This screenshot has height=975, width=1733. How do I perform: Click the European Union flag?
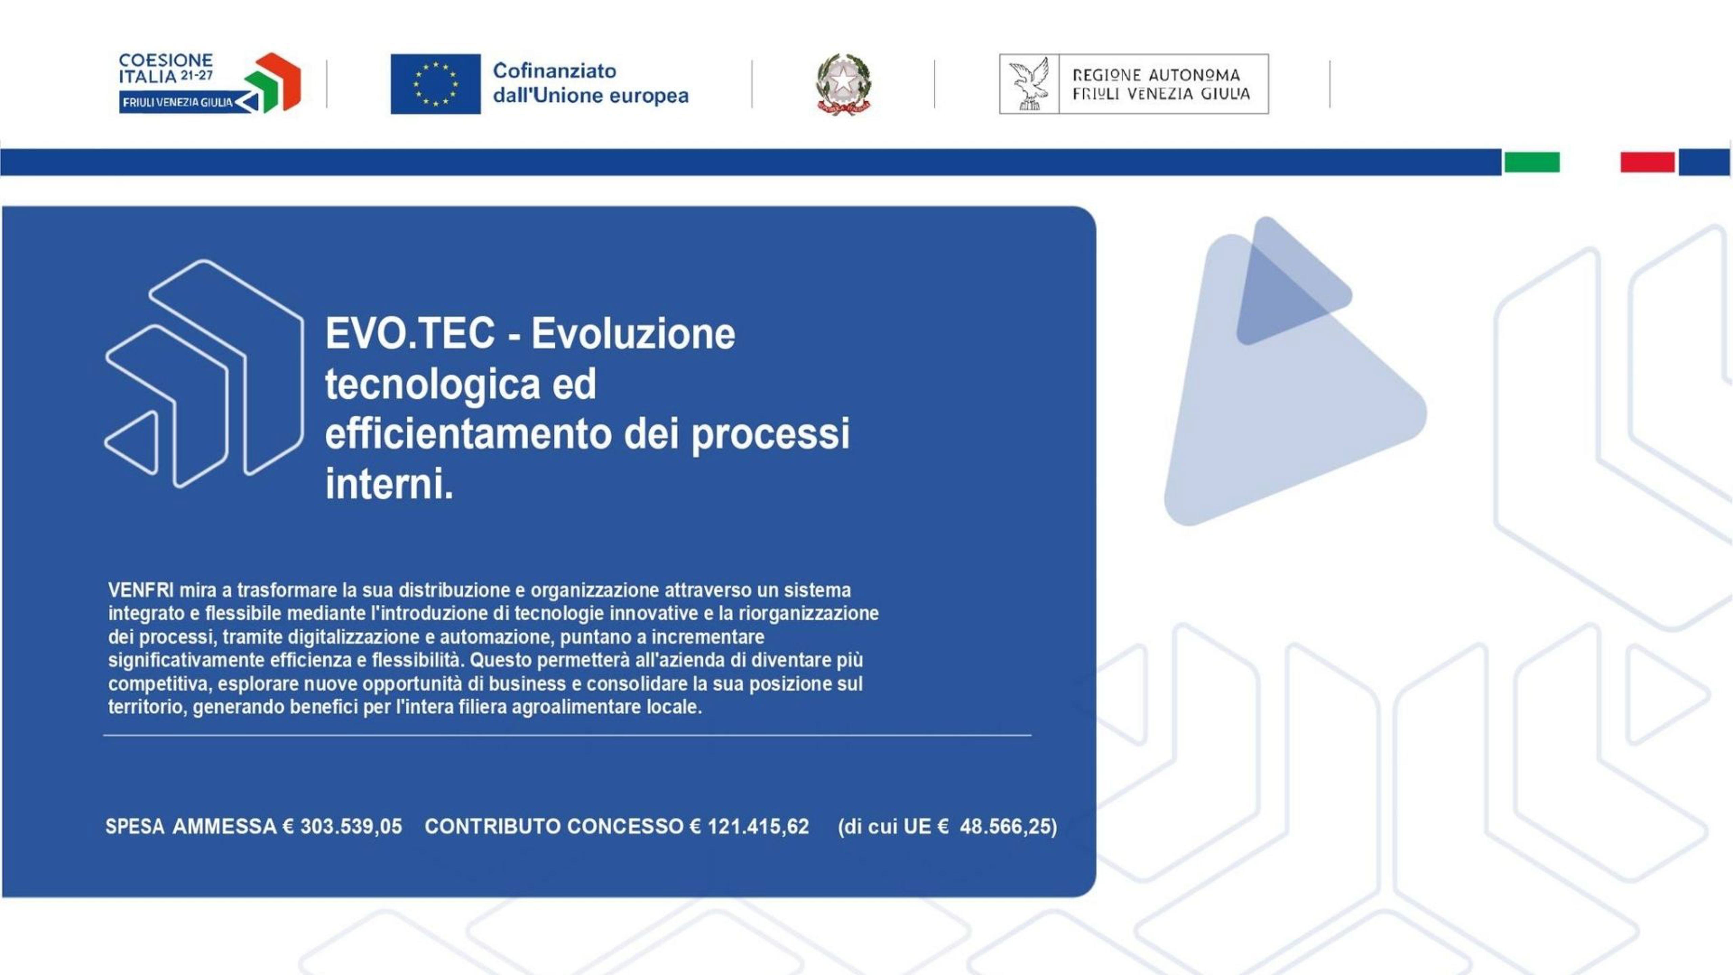(435, 84)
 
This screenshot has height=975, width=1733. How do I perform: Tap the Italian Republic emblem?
(843, 84)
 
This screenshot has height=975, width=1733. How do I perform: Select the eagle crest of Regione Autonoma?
(1029, 84)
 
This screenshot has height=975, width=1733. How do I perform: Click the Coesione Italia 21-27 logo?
(209, 83)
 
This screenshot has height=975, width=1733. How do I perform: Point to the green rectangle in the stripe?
(1532, 162)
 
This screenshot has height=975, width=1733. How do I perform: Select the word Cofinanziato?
(554, 71)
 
